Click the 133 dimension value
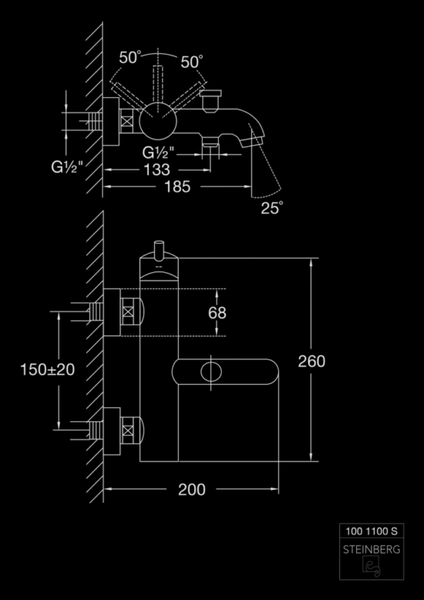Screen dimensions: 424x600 (156, 170)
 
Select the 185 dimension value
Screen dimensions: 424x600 (177, 187)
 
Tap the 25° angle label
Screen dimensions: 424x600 (272, 207)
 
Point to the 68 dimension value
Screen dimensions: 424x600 (217, 313)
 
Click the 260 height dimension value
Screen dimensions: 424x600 (311, 361)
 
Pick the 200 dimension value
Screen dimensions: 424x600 (192, 490)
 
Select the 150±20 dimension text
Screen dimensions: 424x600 (48, 369)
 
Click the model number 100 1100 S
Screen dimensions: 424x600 (372, 531)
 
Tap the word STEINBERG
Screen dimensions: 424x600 (372, 550)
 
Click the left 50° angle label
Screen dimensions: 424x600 (130, 58)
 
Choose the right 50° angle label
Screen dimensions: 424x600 (192, 62)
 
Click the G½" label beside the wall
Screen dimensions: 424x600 (67, 167)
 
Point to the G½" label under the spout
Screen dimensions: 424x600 (158, 153)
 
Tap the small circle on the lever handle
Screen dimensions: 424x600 (211, 372)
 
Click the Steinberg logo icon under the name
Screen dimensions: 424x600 (371, 566)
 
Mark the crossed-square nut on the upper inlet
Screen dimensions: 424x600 (127, 312)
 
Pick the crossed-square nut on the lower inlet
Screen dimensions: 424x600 (127, 430)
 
